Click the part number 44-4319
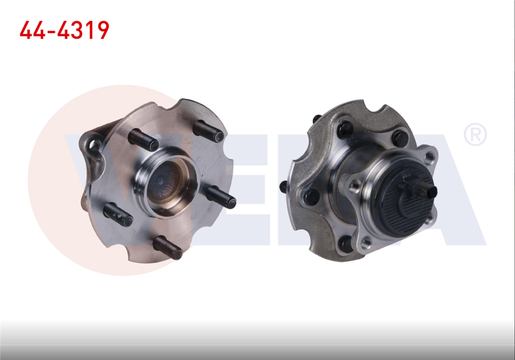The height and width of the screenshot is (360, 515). click(x=64, y=30)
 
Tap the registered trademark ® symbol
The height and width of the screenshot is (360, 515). click(x=475, y=135)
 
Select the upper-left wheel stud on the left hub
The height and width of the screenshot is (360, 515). click(x=143, y=139)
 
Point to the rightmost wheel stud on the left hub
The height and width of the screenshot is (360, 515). click(x=221, y=197)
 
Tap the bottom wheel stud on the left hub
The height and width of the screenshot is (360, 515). click(x=168, y=247)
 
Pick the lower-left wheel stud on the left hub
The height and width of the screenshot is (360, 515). click(x=118, y=214)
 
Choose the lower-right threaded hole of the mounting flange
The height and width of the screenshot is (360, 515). click(x=428, y=220)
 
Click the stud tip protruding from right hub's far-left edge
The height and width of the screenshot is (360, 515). click(x=283, y=186)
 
